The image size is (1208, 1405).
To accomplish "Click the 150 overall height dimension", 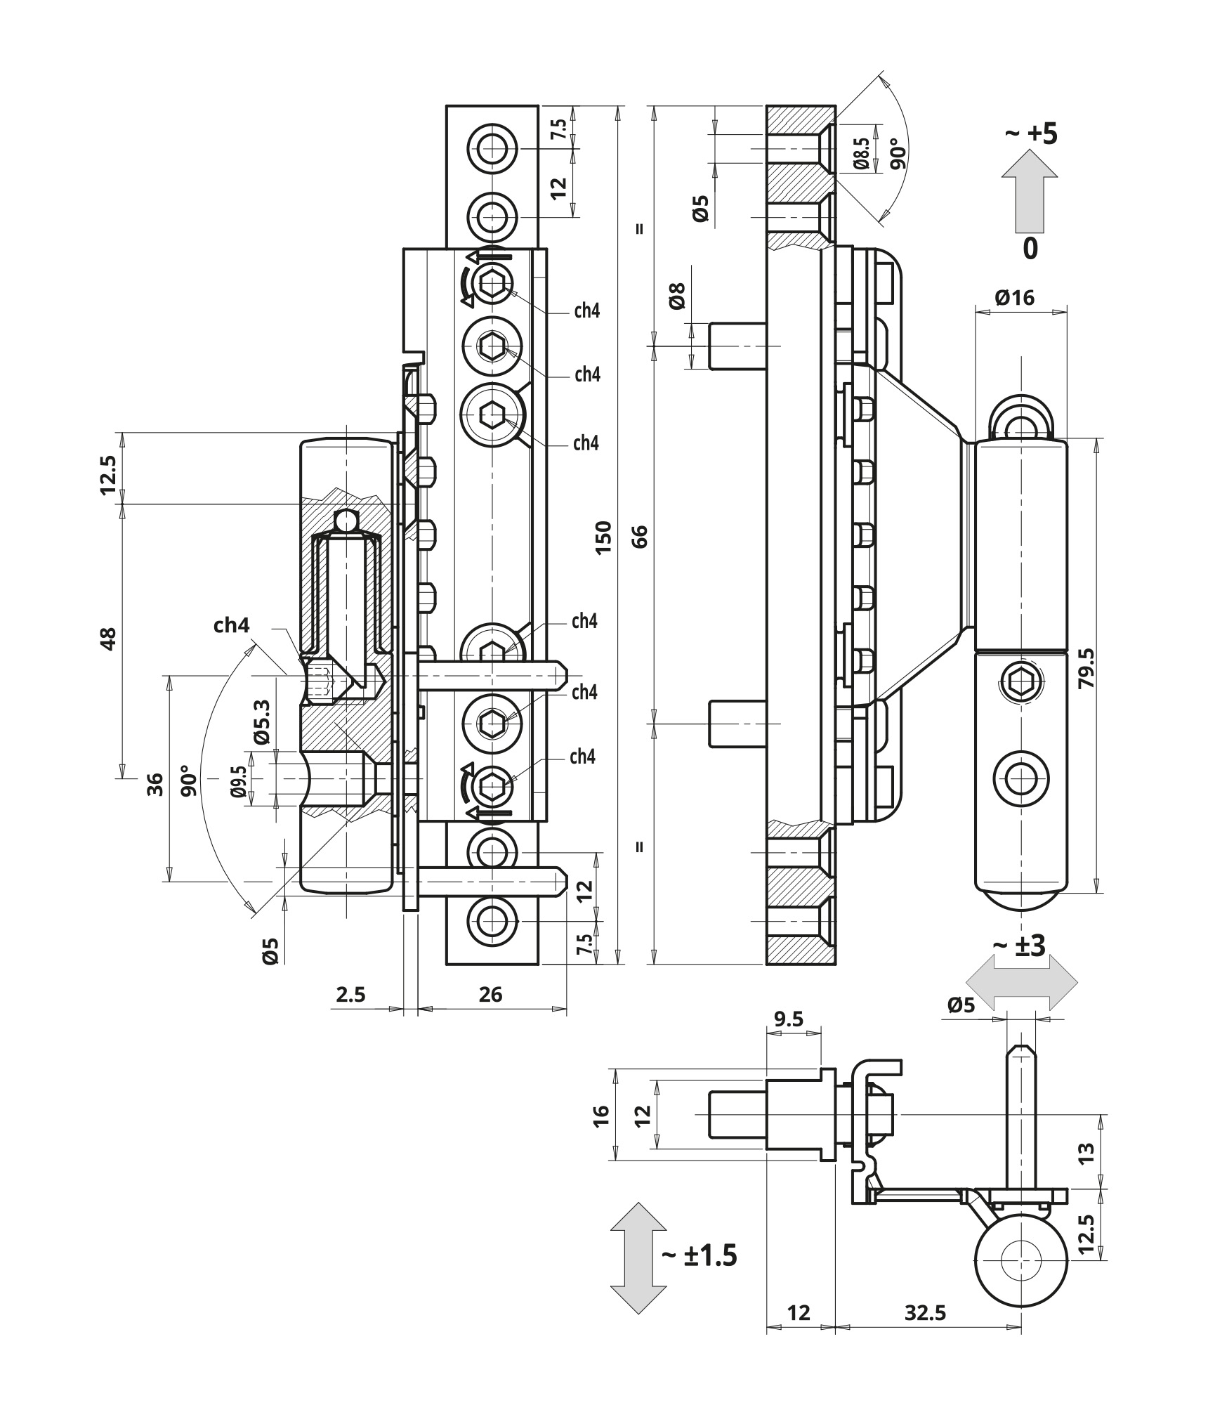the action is coord(604,537).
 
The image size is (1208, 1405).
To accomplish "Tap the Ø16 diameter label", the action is coord(1015,298).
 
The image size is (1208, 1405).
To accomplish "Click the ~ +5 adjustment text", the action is coord(1032,133).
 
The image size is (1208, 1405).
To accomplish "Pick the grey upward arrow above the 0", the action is coord(1030,194).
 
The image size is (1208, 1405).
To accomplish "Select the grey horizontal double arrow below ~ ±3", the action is coord(1021,982).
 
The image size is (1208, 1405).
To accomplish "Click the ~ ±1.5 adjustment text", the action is coord(699,1255).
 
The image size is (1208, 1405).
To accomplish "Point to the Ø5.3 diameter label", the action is coord(262,721).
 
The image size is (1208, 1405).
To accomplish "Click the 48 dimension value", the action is coord(108,639).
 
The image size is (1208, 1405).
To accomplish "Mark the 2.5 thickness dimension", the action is coord(350,995).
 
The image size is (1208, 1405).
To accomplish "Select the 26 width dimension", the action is coord(490,995).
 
